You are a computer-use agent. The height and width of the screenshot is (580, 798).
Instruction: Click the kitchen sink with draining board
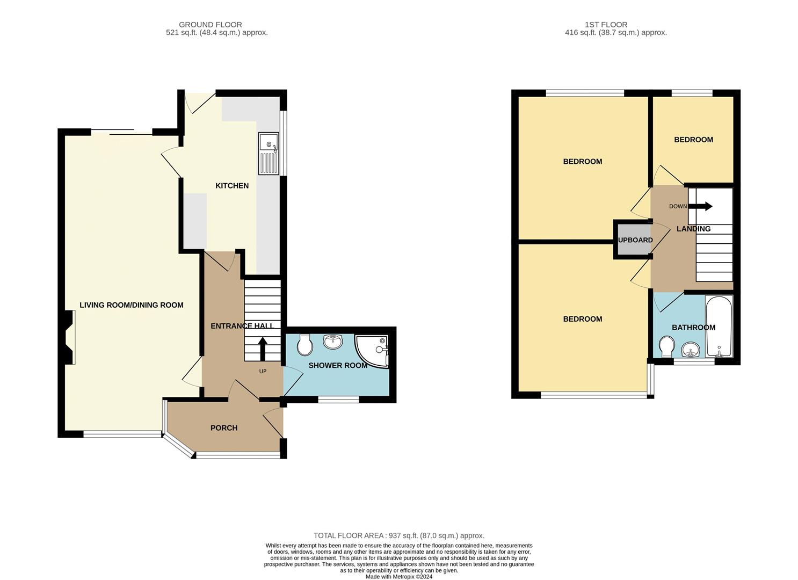pyautogui.click(x=269, y=154)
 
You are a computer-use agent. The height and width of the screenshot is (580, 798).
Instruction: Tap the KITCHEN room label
pyautogui.click(x=232, y=186)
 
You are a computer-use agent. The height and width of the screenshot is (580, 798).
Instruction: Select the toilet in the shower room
pyautogui.click(x=304, y=344)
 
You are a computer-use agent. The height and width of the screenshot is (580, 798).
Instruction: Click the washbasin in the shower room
pyautogui.click(x=333, y=342)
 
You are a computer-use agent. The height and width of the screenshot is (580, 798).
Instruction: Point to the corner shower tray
pyautogui.click(x=372, y=351)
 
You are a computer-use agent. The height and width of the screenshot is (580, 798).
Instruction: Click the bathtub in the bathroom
pyautogui.click(x=719, y=327)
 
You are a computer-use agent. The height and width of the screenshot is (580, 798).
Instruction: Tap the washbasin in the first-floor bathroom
pyautogui.click(x=691, y=350)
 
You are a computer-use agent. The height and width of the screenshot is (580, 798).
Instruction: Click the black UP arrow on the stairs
pyautogui.click(x=263, y=349)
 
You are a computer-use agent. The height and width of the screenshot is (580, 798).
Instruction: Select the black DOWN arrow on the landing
pyautogui.click(x=700, y=206)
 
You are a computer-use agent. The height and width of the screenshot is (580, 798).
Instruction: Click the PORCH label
pyautogui.click(x=224, y=428)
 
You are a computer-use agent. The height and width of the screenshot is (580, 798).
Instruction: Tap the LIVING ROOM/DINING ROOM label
pyautogui.click(x=132, y=305)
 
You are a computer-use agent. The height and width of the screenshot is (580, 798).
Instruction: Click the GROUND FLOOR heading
pyautogui.click(x=210, y=25)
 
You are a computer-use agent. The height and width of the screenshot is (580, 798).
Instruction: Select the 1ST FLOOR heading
pyautogui.click(x=606, y=25)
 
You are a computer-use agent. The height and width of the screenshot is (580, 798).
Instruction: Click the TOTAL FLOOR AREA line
pyautogui.click(x=399, y=535)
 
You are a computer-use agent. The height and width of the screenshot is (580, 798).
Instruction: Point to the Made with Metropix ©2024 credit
pyautogui.click(x=399, y=576)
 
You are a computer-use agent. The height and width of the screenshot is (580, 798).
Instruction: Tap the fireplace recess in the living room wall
pyautogui.click(x=69, y=337)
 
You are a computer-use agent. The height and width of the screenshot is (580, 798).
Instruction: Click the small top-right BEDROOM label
pyautogui.click(x=693, y=140)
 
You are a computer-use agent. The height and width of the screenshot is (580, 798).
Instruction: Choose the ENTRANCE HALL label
pyautogui.click(x=242, y=326)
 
